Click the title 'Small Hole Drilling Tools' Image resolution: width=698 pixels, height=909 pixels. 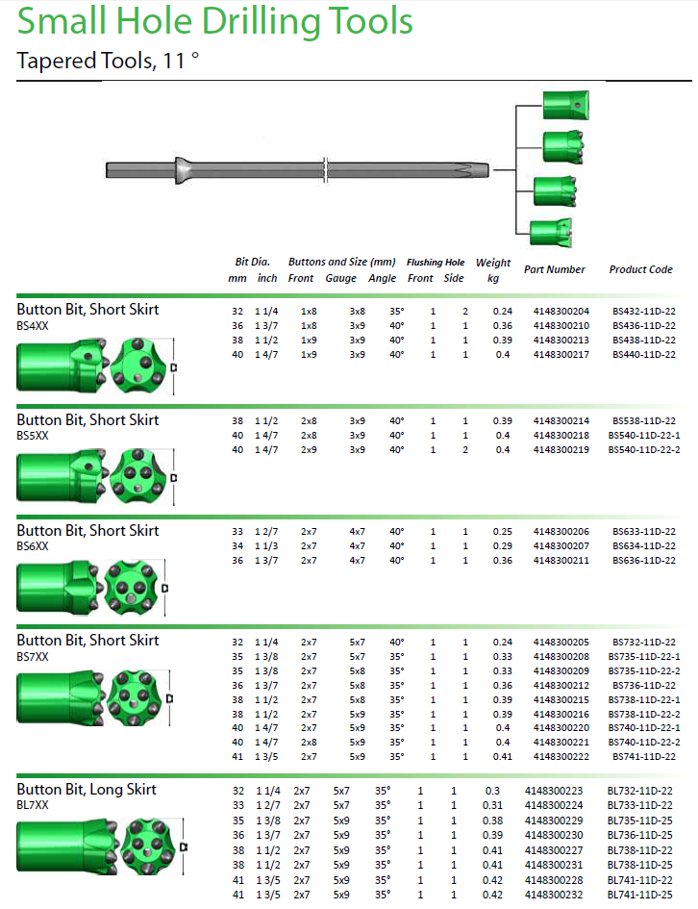pyautogui.click(x=215, y=21)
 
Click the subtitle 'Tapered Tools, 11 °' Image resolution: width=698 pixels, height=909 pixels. pyautogui.click(x=108, y=62)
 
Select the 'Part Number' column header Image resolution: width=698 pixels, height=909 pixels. pyautogui.click(x=554, y=269)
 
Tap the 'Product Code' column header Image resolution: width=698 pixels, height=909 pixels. pyautogui.click(x=640, y=269)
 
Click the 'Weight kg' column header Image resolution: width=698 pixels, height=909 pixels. pyautogui.click(x=493, y=269)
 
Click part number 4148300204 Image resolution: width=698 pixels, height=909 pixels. pyautogui.click(x=561, y=312)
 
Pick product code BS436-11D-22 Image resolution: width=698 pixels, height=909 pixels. pyautogui.click(x=643, y=326)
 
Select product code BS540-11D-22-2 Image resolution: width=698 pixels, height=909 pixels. pyautogui.click(x=643, y=450)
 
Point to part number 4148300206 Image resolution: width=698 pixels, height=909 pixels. pyautogui.click(x=561, y=532)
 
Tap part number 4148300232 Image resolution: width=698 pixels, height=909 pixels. pyautogui.click(x=553, y=896)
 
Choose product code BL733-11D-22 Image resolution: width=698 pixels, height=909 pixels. pyautogui.click(x=639, y=804)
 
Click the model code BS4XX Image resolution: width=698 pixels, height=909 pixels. pyautogui.click(x=32, y=326)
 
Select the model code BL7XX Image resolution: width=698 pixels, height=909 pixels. pyautogui.click(x=32, y=804)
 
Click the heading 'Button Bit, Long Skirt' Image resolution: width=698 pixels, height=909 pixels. pyautogui.click(x=87, y=790)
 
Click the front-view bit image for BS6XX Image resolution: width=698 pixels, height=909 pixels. pyautogui.click(x=133, y=587)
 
